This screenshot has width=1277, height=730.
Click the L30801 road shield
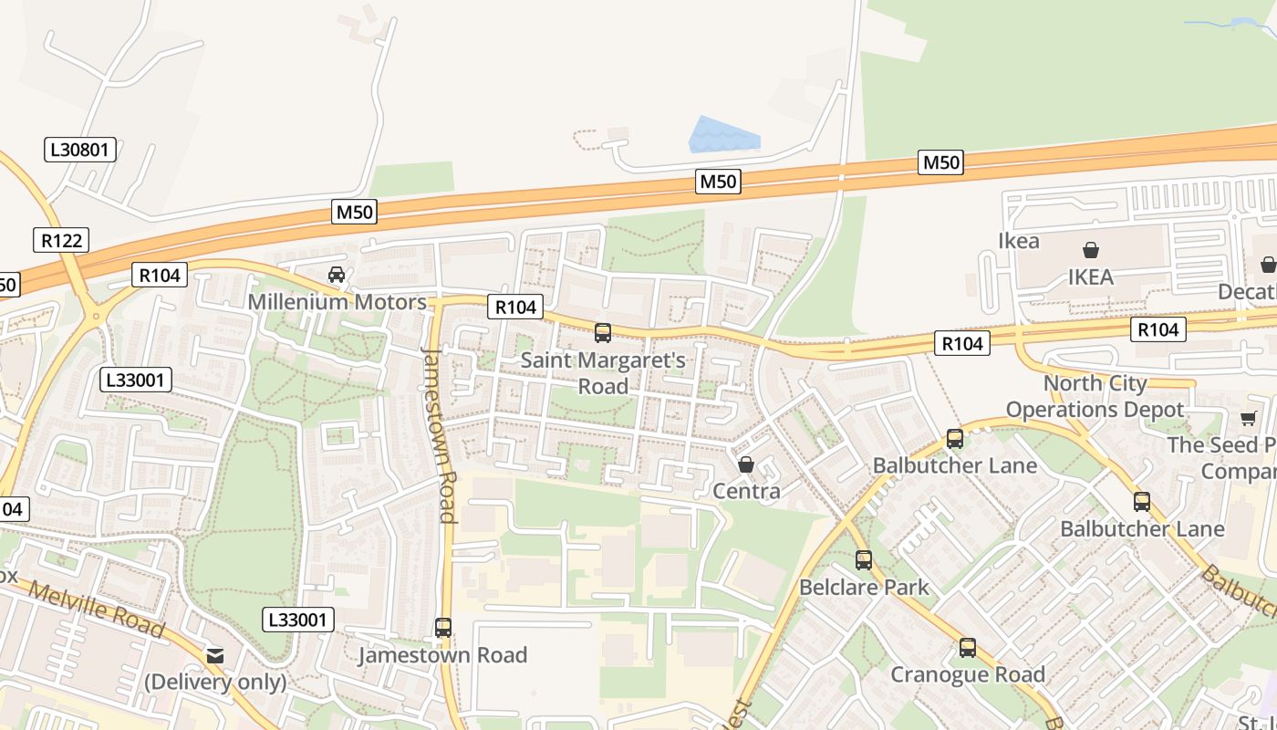tap(80, 150)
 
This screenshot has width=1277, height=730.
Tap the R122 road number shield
tap(62, 241)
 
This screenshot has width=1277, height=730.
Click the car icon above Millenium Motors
tap(337, 274)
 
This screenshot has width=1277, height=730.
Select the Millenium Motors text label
tap(337, 302)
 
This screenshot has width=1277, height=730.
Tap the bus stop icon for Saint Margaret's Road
tap(603, 333)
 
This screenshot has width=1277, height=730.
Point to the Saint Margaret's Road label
tap(603, 373)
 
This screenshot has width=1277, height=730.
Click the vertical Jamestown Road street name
tap(439, 433)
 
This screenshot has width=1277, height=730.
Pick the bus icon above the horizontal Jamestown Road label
tap(443, 628)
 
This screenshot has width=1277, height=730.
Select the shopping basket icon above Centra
tap(746, 465)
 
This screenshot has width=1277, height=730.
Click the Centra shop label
tap(746, 492)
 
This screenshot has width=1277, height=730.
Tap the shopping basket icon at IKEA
tap(1090, 250)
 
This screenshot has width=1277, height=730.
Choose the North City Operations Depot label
tap(1095, 397)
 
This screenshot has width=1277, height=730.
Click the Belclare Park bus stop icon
tap(864, 560)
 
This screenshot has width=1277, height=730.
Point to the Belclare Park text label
tap(864, 587)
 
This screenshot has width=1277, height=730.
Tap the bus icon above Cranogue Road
tap(968, 648)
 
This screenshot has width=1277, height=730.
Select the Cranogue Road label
tap(968, 675)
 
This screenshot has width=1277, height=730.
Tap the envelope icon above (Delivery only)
tap(215, 655)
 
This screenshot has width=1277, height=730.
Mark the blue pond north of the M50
tap(722, 135)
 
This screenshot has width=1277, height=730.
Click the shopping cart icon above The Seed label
tap(1248, 419)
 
